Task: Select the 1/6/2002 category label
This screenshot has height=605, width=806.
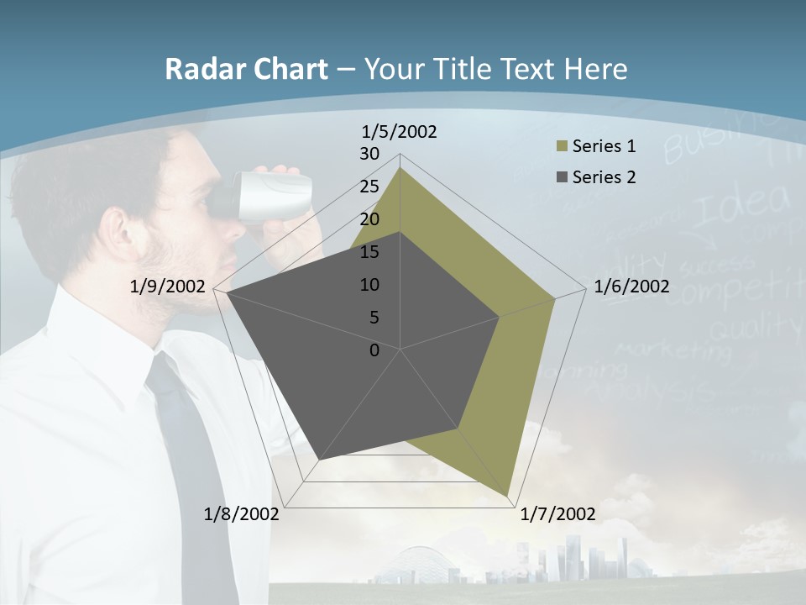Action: pos(631,287)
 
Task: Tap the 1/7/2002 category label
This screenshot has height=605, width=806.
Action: pos(557,514)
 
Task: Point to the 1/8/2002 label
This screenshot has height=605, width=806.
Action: pos(242,514)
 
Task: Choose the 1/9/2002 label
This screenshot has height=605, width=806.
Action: pos(168,287)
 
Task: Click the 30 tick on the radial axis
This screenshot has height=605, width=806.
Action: pos(369,154)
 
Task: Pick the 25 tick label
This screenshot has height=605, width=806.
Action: pos(369,187)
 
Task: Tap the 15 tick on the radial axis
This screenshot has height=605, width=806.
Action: pos(369,252)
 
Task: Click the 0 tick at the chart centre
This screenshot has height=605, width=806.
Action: pos(374,350)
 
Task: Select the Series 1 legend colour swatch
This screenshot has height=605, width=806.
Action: pos(562,146)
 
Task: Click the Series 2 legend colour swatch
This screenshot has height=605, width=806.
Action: pos(562,177)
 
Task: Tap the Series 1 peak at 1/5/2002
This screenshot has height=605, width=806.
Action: pos(400,167)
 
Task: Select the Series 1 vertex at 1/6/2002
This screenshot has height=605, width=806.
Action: pos(555,298)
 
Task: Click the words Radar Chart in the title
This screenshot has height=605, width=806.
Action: pos(246,70)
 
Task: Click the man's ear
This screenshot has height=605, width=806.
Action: pos(117,231)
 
